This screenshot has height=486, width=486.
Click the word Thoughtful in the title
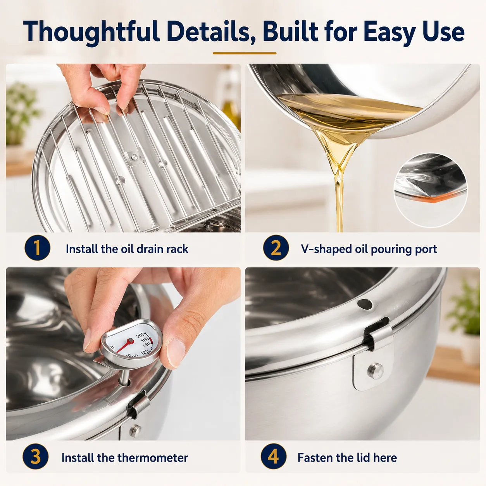tap(91, 32)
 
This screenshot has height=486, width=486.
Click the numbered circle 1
tap(37, 248)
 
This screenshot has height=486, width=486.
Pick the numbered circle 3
tap(35, 457)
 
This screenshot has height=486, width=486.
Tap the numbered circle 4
tap(273, 457)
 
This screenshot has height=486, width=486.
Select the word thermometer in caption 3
tap(153, 458)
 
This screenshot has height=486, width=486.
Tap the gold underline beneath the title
tap(245, 53)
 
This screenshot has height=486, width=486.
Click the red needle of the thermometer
tap(124, 346)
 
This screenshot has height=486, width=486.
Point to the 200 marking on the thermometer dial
tap(140, 336)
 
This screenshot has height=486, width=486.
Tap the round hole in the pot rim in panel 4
tap(364, 304)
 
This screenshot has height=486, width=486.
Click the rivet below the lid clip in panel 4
tap(376, 371)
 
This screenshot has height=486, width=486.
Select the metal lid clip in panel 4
tap(378, 338)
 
